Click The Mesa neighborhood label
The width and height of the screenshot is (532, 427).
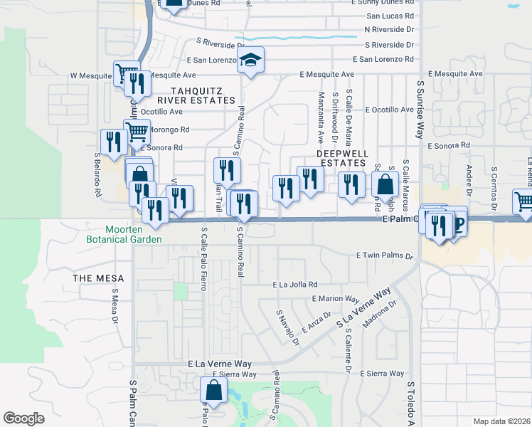point(98,278)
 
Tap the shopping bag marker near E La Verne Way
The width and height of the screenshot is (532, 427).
point(213,391)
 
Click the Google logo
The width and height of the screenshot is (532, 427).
point(23,418)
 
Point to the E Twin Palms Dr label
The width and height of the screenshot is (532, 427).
point(384,255)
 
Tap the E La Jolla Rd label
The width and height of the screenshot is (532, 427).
point(294,285)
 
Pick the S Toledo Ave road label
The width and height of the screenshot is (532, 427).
point(410,404)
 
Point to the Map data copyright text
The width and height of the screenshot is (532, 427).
point(501,421)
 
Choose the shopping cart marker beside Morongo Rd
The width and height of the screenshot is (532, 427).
point(136,131)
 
